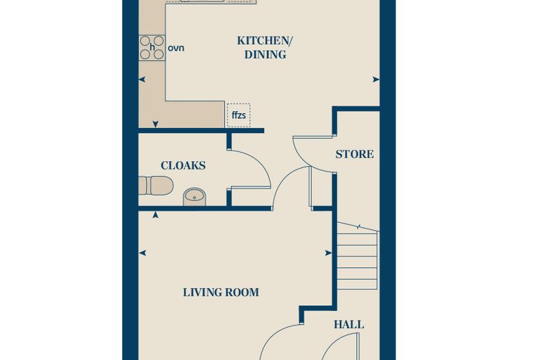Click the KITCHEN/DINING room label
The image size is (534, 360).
click(265, 47)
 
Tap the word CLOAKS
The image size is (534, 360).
click(183, 166)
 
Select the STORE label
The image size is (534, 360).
click(355, 154)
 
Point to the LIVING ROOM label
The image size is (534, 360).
click(221, 292)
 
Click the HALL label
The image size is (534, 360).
click(349, 325)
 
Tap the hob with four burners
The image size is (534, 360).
click(152, 48)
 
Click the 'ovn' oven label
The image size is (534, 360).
click(176, 48)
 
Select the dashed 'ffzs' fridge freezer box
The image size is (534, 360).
click(238, 115)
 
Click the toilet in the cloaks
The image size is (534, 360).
click(156, 186)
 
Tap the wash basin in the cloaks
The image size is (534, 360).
click(195, 197)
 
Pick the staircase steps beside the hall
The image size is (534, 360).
click(358, 256)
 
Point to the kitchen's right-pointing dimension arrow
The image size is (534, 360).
click(376, 79)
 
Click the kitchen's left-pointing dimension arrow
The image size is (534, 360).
click(142, 79)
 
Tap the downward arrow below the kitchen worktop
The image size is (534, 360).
click(155, 124)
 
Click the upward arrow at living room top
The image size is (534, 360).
click(155, 214)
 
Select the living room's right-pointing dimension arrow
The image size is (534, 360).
click(328, 253)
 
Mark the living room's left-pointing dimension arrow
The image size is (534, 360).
click(143, 253)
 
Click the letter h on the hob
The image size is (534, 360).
click(152, 48)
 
